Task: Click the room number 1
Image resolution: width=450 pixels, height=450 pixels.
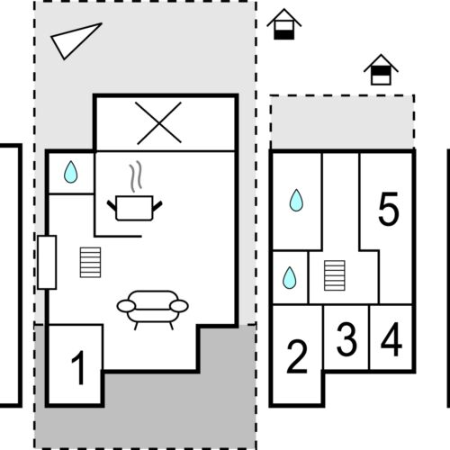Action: pos(78,367)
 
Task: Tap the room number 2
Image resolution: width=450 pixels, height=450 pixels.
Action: pos(297,356)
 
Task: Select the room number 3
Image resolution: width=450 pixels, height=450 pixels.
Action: pos(346,339)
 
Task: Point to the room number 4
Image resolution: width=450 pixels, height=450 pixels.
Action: pos(391,339)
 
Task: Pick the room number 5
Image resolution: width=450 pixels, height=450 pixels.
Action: pos(389,209)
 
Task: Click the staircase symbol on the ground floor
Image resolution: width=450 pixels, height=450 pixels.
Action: pos(90,263)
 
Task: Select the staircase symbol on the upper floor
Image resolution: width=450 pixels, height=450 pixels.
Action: pos(335,275)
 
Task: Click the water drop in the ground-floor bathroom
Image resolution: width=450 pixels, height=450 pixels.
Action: pos(71,172)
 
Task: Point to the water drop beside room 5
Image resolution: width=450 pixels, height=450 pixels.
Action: pos(296,200)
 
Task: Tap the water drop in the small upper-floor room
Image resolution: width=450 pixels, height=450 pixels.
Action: pos(290,278)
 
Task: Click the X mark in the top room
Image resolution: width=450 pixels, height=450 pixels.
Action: pos(159,123)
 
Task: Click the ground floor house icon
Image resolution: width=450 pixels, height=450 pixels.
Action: pos(284,24)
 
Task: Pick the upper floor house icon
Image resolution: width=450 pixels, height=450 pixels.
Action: pos(381,70)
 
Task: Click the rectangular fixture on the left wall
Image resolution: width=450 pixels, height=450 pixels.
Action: pos(47,263)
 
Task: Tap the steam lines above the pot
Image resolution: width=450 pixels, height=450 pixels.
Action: pos(136,176)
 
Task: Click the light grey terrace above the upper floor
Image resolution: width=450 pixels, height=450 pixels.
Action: pos(342,121)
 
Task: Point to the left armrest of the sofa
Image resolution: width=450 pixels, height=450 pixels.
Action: pos(126,306)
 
